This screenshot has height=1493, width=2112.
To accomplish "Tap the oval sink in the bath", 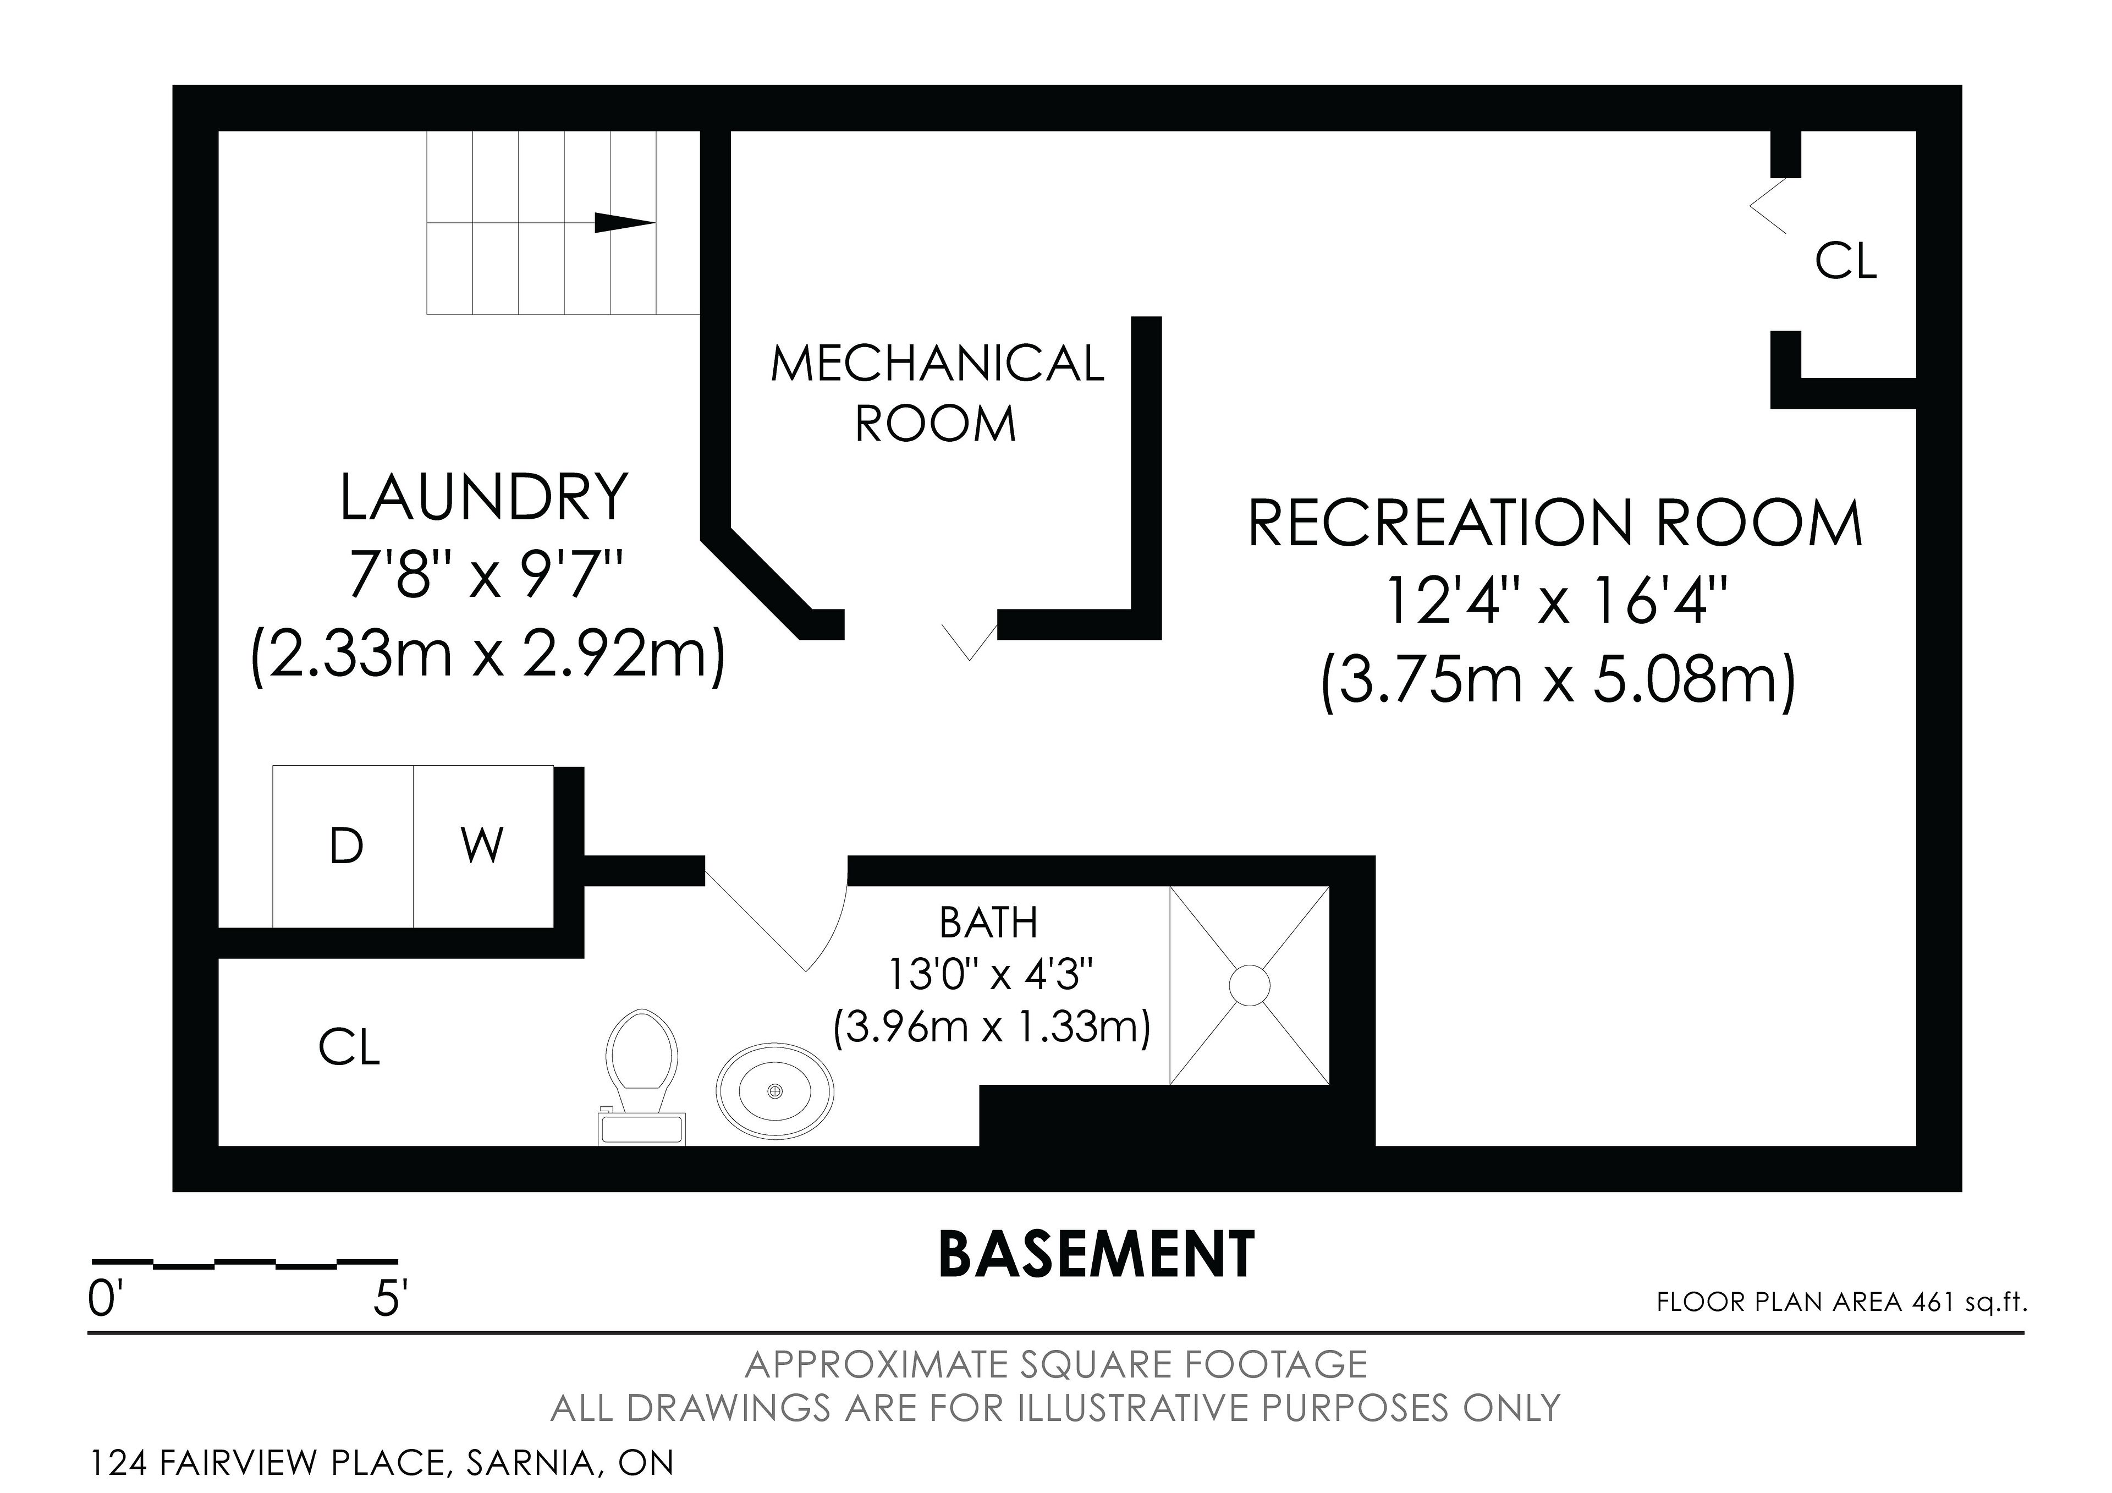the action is (776, 1090).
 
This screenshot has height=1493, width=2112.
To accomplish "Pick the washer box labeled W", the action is (483, 846).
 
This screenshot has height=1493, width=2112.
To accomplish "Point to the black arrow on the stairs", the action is (625, 223).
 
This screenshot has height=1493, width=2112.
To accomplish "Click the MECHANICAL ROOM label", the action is (937, 394).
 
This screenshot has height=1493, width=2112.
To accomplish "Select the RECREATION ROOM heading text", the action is (1554, 523).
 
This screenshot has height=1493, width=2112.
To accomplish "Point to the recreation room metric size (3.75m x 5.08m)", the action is (1558, 682).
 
